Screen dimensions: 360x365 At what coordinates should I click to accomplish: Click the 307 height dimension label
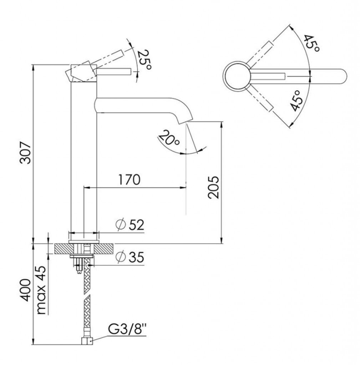(25, 153)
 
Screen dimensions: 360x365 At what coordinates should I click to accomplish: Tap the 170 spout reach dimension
(129, 180)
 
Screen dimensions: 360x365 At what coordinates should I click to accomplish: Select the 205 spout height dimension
(213, 187)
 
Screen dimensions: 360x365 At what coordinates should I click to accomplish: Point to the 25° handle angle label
(144, 60)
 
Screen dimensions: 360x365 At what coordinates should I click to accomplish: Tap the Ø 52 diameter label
(130, 225)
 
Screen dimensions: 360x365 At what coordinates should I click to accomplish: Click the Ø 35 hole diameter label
(130, 257)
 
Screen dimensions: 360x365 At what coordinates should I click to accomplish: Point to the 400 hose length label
(25, 290)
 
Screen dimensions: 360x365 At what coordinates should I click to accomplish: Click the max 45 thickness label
(42, 290)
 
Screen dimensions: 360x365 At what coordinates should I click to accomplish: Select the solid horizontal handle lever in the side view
(114, 72)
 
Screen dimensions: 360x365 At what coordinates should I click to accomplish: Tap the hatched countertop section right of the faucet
(104, 248)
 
